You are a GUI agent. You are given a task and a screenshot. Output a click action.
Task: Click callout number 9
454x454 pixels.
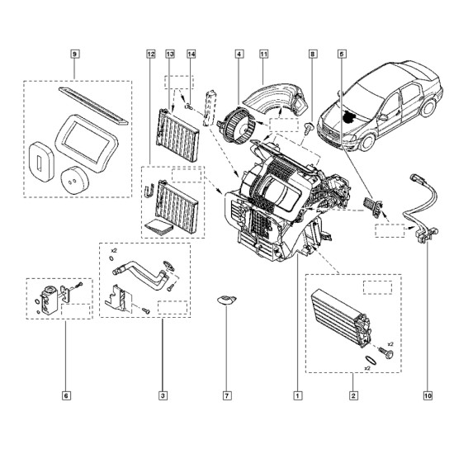coord(74,54)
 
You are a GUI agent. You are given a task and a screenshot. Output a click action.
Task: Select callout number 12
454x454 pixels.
coord(151,54)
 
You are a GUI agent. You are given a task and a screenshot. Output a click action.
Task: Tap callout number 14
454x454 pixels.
coord(192,54)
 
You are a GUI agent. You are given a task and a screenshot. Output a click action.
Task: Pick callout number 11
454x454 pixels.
coord(264,54)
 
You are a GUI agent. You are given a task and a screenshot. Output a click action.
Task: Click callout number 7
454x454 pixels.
coord(227,395)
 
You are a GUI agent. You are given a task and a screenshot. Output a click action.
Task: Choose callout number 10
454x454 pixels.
coord(428,395)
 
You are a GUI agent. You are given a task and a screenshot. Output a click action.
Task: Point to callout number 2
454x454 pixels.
coord(353,395)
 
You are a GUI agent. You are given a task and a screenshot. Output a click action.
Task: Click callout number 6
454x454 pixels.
coord(66,395)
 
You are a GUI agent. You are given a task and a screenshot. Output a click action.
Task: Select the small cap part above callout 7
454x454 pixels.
coord(226,300)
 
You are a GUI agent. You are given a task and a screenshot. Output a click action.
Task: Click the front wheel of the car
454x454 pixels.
coord(367,142)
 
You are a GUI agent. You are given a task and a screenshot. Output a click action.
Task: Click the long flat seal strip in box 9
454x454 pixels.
coord(93,106)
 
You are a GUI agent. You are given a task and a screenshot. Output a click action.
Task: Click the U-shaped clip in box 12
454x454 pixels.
coord(149,191)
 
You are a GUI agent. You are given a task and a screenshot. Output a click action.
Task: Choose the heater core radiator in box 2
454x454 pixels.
coord(340,319)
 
